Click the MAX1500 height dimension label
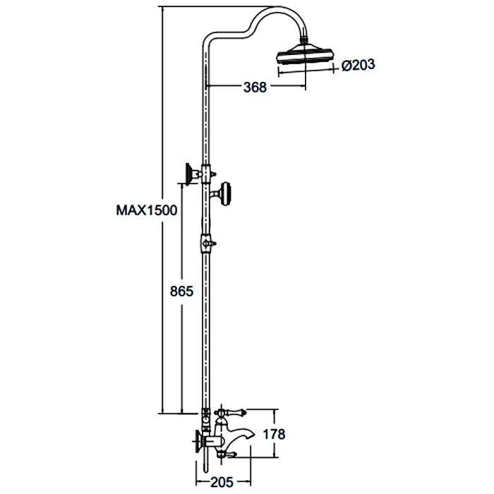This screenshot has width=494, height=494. pos(147,210)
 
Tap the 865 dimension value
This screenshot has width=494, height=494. pos(181,291)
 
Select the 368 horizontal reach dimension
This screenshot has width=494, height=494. pos(255,88)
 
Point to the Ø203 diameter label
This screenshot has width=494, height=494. pos(359,66)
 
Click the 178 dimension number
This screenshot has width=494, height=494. pos(274,434)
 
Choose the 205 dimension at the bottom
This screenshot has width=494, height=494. pos(222,482)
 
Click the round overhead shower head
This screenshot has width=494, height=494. pos(304,54)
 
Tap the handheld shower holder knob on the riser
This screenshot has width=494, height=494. pos(226,194)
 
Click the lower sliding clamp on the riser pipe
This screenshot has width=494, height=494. pos(206,243)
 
